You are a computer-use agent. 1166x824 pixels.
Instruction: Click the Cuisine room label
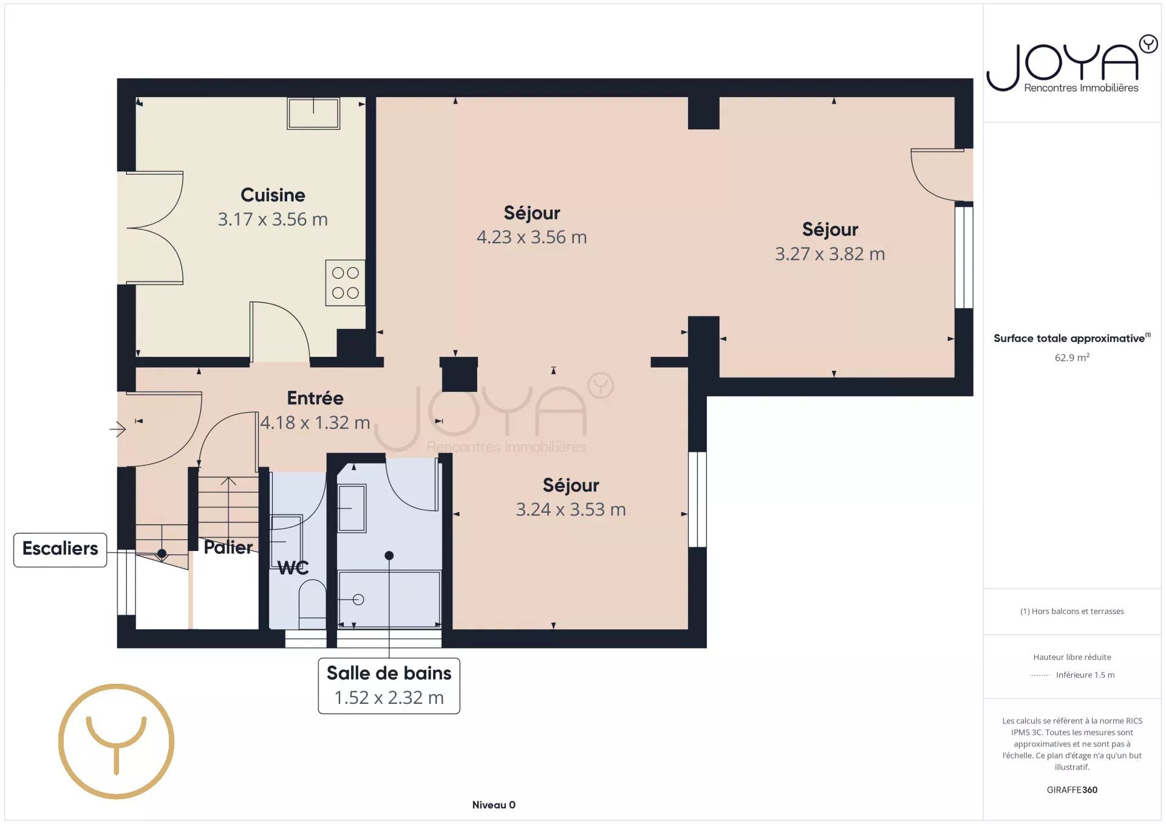[x=273, y=195]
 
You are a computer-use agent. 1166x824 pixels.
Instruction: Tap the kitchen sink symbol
[x=313, y=113]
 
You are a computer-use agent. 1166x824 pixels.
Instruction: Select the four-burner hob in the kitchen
[x=345, y=283]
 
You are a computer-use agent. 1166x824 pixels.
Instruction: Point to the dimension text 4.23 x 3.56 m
[x=531, y=237]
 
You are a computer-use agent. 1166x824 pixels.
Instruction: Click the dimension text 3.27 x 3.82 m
[x=830, y=254]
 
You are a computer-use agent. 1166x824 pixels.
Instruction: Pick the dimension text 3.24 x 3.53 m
[x=571, y=510]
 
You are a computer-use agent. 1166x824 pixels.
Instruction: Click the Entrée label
[x=315, y=399]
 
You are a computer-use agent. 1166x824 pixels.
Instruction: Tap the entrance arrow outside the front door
[x=117, y=430]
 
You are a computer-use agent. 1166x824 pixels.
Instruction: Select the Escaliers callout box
[x=60, y=550]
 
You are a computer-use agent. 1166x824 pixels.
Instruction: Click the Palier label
[x=228, y=547]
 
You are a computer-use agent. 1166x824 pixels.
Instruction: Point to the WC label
[x=293, y=568]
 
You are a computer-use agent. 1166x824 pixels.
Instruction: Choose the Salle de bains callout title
[x=389, y=674]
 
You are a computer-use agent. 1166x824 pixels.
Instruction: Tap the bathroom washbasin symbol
[x=352, y=508]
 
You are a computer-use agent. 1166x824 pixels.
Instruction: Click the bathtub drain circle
[x=358, y=599]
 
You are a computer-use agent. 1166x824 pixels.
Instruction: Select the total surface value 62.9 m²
[x=1072, y=357]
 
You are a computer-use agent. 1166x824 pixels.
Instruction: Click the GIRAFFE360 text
[x=1072, y=790]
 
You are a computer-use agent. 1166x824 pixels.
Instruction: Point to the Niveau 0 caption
[x=494, y=805]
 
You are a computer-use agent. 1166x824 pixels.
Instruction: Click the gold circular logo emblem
[x=116, y=741]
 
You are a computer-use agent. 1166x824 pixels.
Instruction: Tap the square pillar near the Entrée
[x=459, y=374]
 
